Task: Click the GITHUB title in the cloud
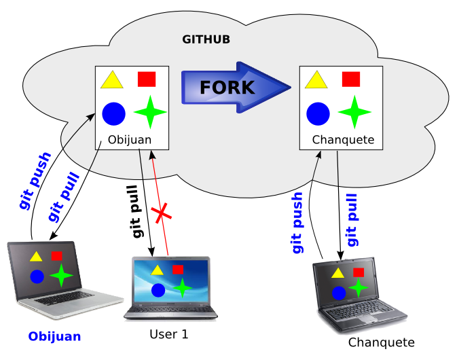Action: (206, 39)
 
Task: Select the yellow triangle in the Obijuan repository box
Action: (111, 81)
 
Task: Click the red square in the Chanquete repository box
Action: (351, 79)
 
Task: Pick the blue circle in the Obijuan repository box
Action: (114, 113)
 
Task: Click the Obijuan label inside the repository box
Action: (130, 141)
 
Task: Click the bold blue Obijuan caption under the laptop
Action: (54, 336)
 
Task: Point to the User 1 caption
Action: (168, 334)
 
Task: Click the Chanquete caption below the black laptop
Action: (381, 342)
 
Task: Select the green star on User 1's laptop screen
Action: (181, 288)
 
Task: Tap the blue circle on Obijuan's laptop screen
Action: (37, 276)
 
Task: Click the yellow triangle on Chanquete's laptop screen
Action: (337, 273)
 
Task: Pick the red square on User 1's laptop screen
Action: (178, 270)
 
